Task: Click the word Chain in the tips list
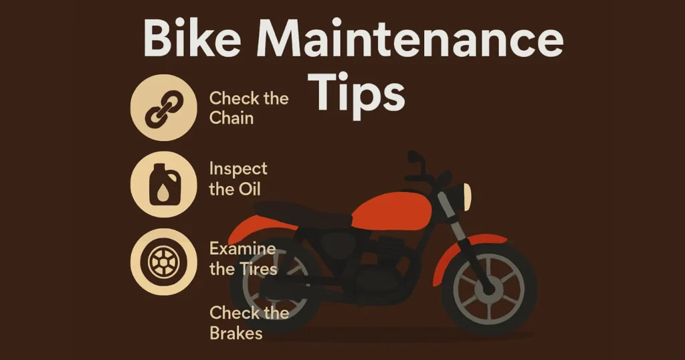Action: click(x=231, y=118)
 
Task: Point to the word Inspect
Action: click(x=238, y=169)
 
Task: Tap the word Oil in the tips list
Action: click(x=247, y=189)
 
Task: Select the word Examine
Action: click(x=242, y=249)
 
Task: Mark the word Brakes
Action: click(x=236, y=333)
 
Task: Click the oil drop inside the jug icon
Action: click(x=164, y=195)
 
